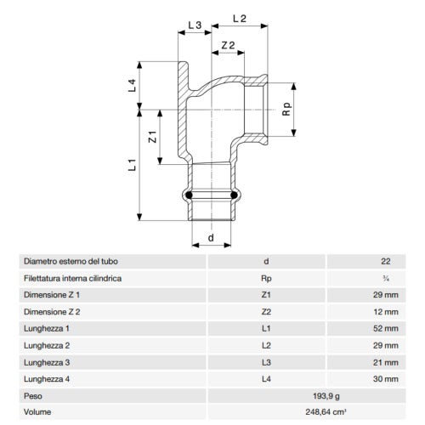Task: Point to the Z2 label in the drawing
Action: [x=227, y=44]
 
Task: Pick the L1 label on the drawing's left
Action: [x=133, y=167]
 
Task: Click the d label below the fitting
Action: [x=210, y=238]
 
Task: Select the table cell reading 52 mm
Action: [x=385, y=327]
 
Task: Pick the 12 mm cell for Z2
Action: [x=385, y=310]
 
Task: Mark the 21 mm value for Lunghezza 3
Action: [x=385, y=361]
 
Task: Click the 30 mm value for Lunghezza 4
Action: [x=385, y=378]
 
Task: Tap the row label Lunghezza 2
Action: [x=47, y=344]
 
